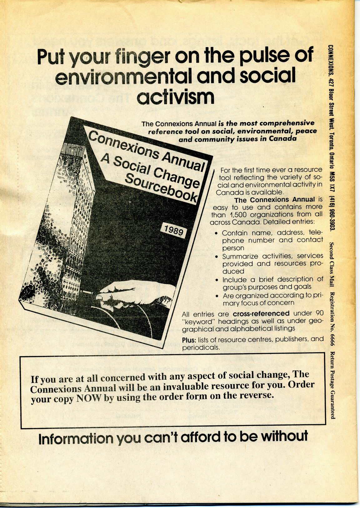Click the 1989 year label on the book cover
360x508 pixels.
pos(173,231)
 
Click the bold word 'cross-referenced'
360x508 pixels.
pos(261,314)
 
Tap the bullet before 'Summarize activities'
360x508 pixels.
pos(217,257)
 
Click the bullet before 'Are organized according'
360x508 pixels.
pos(217,296)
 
